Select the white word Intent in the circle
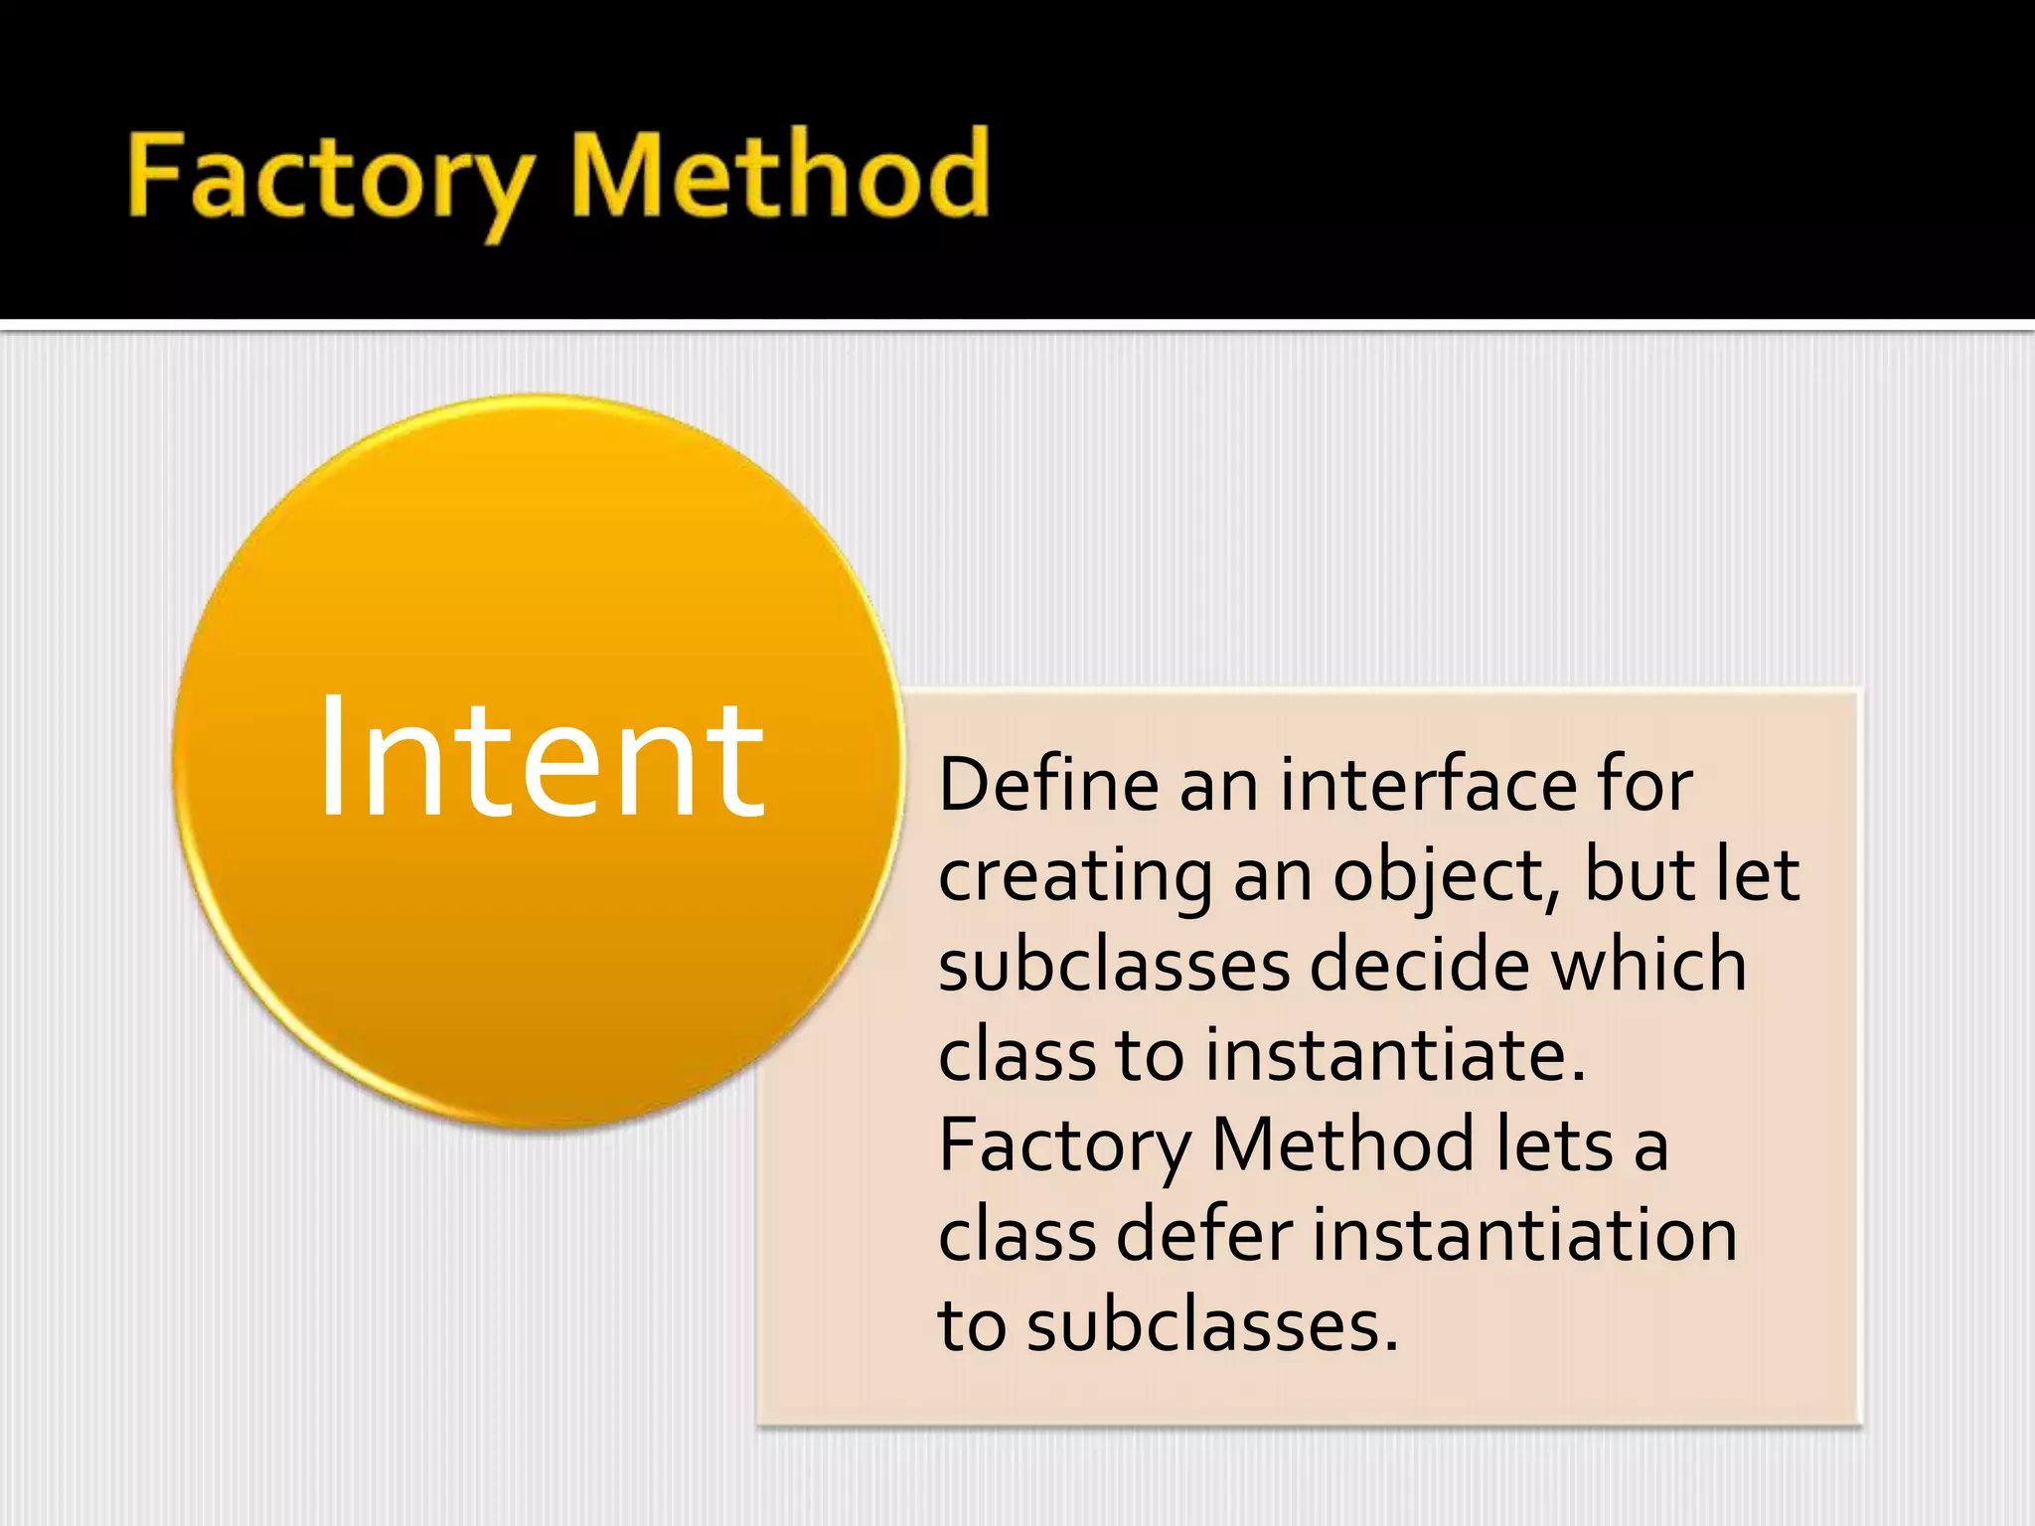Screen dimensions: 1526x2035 [x=541, y=760]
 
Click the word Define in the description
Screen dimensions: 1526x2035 [x=1048, y=785]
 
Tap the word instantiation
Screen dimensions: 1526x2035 [x=1525, y=1235]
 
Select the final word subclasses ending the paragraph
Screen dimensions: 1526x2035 [x=1211, y=1325]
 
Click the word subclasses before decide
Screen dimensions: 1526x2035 [x=1113, y=965]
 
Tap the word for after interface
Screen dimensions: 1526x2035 [x=1644, y=785]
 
